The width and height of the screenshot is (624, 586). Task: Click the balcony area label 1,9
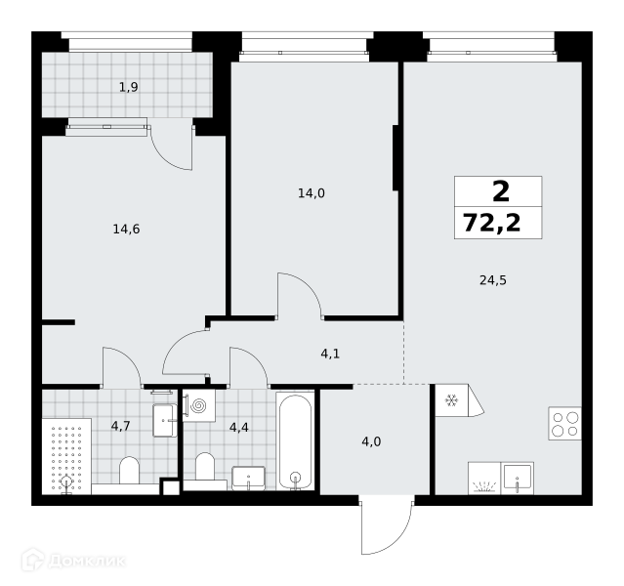[129, 87]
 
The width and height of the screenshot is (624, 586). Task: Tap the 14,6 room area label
[126, 229]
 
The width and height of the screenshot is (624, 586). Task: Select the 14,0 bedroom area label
[312, 193]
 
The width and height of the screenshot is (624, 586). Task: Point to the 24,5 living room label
[493, 280]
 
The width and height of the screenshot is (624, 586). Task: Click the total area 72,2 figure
[492, 223]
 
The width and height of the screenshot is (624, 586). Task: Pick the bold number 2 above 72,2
[501, 191]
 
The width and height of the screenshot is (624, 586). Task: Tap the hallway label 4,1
[330, 354]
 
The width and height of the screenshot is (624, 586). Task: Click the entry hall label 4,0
[371, 441]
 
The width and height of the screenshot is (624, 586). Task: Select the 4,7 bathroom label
[120, 427]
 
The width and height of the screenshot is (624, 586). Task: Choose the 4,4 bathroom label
[239, 428]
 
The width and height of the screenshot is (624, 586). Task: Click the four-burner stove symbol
[565, 423]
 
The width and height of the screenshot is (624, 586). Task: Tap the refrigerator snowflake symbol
[451, 400]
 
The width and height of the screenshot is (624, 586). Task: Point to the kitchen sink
[517, 478]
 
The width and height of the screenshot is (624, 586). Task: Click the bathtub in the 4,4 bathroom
[295, 441]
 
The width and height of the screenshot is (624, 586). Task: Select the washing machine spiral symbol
[198, 405]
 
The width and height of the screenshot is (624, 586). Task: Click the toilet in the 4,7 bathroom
[129, 470]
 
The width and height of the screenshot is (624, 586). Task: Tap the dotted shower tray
[66, 456]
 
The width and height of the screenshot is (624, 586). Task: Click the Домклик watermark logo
[73, 561]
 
